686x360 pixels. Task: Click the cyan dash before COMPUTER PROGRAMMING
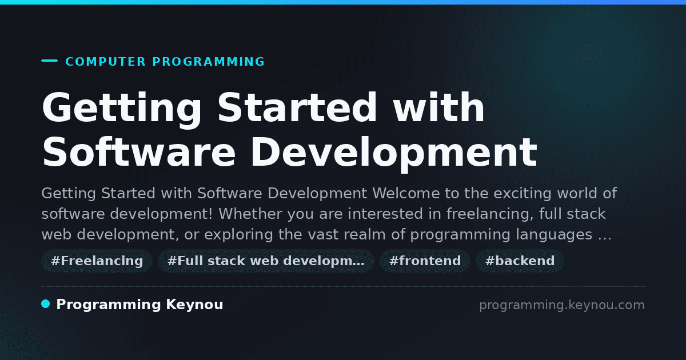[x=49, y=61]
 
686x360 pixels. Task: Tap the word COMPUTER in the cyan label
[x=105, y=62]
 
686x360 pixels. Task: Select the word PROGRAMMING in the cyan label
[x=208, y=62]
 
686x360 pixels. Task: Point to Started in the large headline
[x=297, y=108]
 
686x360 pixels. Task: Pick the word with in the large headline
[x=438, y=107]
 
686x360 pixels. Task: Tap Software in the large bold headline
[x=139, y=152]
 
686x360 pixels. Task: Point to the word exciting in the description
[x=522, y=194]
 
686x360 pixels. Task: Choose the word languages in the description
[x=554, y=235]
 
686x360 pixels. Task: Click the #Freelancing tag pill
[x=97, y=261]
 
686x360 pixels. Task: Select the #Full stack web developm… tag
[x=266, y=261]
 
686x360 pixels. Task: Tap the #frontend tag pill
[x=425, y=261]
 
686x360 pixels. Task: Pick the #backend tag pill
[x=520, y=261]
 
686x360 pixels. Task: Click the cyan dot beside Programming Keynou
[x=46, y=304]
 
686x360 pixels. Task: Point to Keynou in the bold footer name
[x=194, y=305]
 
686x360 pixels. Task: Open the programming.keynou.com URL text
[x=562, y=305]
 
